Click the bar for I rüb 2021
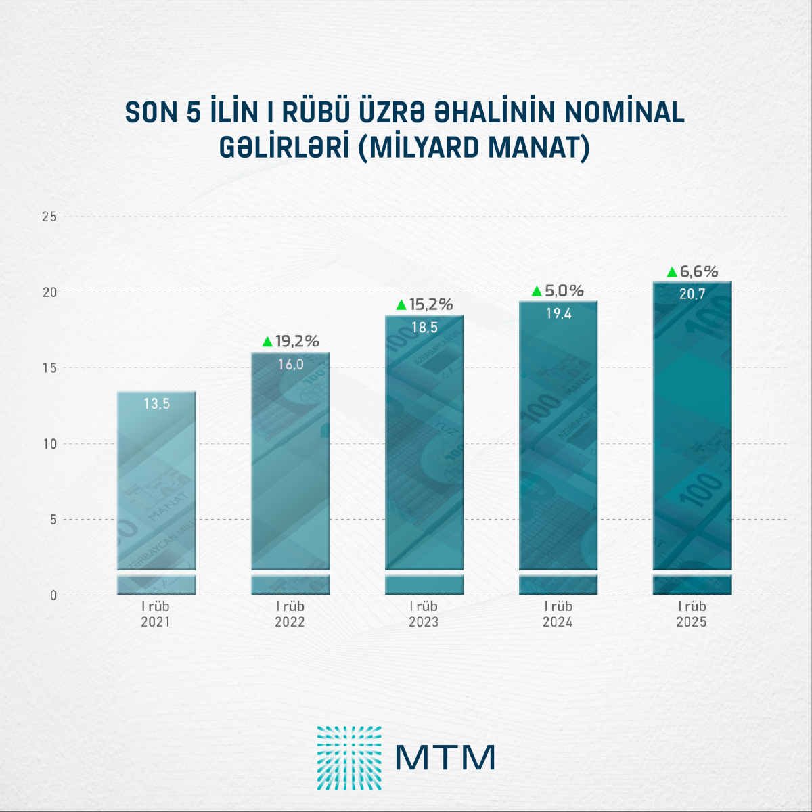click(x=156, y=494)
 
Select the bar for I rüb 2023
click(x=424, y=453)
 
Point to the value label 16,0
click(x=291, y=365)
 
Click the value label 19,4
click(x=559, y=313)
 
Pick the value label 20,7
click(x=692, y=294)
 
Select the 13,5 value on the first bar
click(x=156, y=404)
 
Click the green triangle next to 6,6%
click(x=672, y=272)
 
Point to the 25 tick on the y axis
click(x=49, y=217)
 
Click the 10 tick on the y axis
click(x=49, y=445)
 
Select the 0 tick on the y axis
click(x=53, y=596)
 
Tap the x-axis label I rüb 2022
click(x=290, y=614)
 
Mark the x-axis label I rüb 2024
click(x=558, y=614)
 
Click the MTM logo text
click(x=445, y=758)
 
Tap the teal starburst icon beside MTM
click(x=349, y=758)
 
